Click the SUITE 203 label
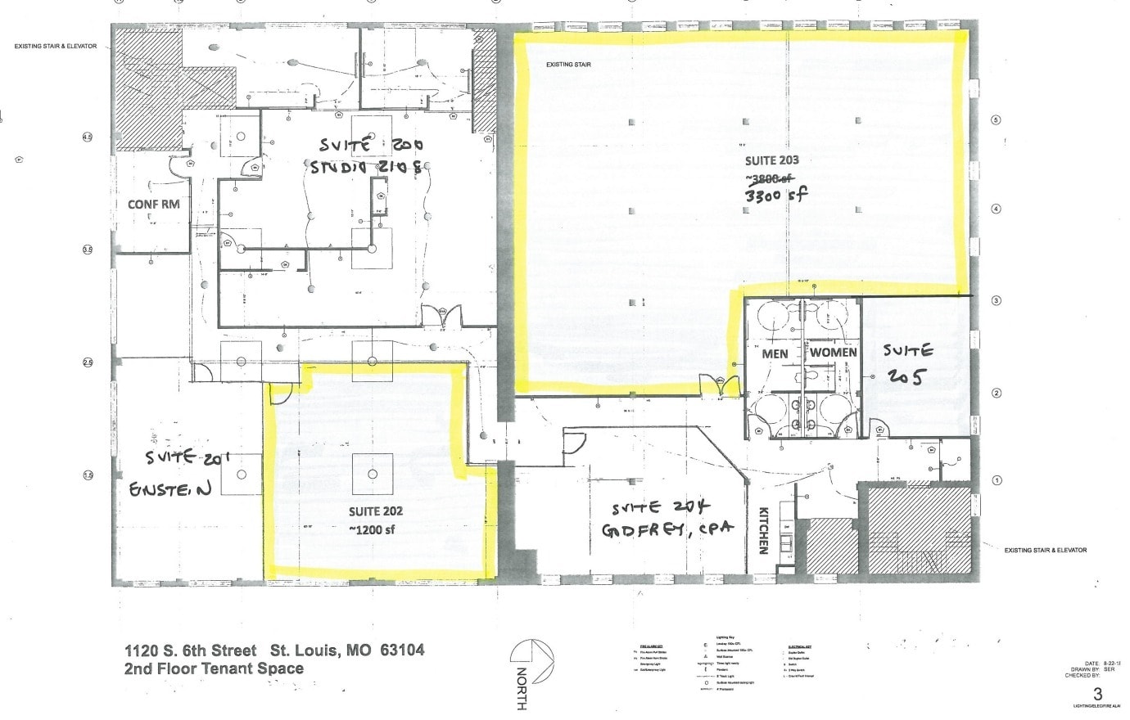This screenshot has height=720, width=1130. tap(771, 160)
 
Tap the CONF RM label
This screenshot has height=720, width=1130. tap(153, 204)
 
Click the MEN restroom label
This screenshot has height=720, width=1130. tap(775, 353)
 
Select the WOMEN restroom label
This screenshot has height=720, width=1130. tap(833, 353)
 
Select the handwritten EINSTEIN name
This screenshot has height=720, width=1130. tap(170, 489)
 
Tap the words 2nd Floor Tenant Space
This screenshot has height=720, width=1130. tap(214, 668)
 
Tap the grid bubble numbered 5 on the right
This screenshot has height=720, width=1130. tap(996, 120)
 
